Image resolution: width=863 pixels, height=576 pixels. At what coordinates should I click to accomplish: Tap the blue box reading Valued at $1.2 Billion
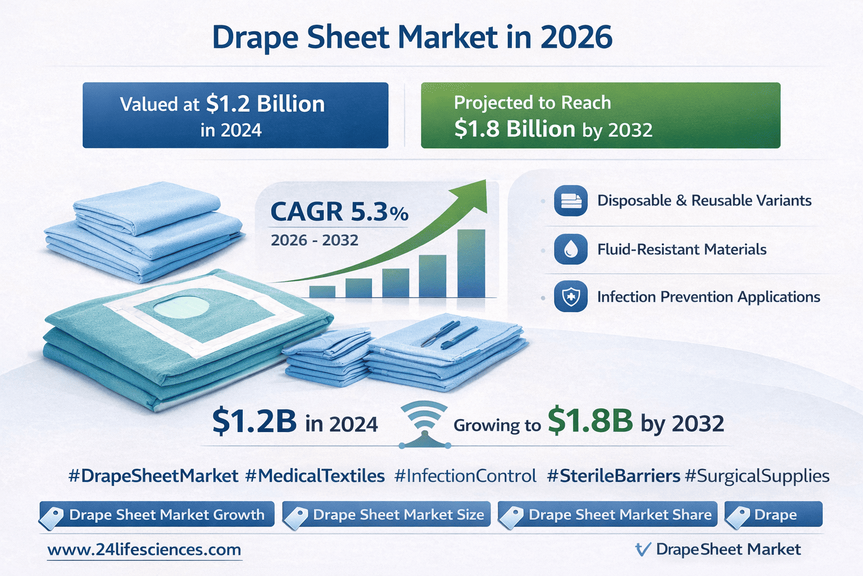coord(235,115)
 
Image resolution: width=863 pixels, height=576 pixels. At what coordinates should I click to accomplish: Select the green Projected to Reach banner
coord(600,115)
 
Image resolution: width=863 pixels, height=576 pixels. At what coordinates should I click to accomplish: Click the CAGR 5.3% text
coord(339,212)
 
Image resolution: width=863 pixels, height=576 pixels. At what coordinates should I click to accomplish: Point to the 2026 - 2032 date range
coord(315,240)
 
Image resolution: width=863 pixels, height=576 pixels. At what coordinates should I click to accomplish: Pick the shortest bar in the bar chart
coord(322,291)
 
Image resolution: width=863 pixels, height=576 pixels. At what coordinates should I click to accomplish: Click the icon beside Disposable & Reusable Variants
coord(570,201)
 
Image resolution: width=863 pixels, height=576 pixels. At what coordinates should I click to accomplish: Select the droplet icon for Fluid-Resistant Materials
coord(570,249)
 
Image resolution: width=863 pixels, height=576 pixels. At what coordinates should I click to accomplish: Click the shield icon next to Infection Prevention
coord(570,296)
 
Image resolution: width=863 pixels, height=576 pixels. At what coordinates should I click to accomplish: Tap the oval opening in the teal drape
coord(181,307)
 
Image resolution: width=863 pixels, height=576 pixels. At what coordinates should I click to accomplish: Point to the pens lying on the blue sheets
coord(449,334)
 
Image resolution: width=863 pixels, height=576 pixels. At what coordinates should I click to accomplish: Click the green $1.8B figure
coord(590,421)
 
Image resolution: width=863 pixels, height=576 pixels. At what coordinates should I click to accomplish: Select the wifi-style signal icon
coord(424,422)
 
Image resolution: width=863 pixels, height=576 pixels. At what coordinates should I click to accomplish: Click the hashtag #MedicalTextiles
coord(315,476)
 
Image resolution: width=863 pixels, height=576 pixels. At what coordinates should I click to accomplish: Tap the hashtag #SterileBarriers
coord(614,476)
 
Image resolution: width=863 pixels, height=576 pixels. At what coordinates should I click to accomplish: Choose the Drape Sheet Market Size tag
coord(387,515)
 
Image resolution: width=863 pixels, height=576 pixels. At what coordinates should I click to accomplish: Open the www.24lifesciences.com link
coord(144,550)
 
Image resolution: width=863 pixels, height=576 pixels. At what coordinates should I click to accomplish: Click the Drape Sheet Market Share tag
coord(608,515)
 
